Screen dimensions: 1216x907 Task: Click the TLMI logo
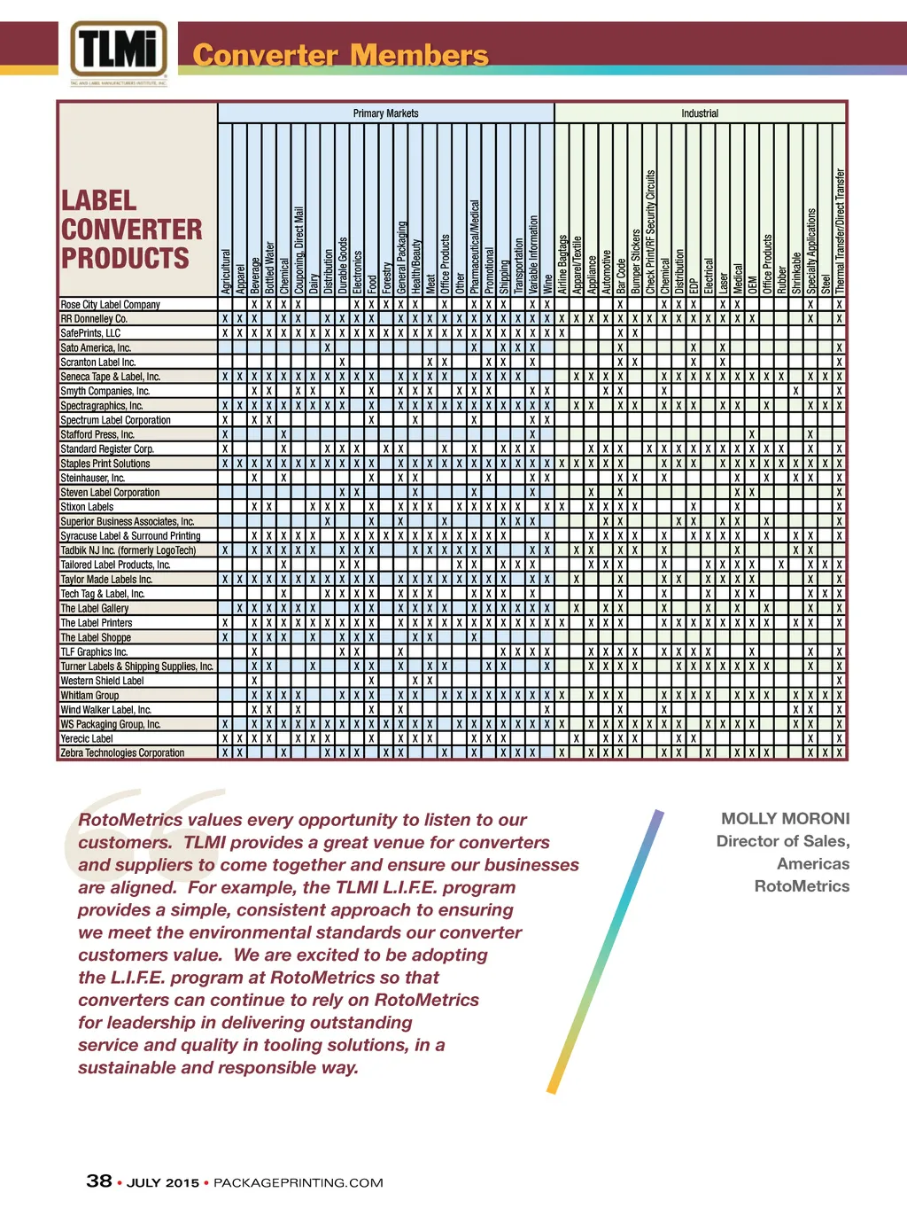(x=119, y=51)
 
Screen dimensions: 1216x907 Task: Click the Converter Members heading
(x=340, y=55)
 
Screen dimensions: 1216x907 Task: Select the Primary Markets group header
(x=385, y=113)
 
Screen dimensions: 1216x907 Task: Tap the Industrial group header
(x=700, y=113)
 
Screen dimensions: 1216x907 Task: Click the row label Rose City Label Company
(x=111, y=304)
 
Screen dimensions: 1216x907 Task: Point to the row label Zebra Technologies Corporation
(x=122, y=752)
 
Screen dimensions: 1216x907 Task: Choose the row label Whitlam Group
(x=89, y=695)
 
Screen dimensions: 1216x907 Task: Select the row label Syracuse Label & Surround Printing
(x=130, y=535)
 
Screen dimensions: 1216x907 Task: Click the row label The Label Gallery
(x=95, y=608)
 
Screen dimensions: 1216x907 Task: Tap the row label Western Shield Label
(x=102, y=681)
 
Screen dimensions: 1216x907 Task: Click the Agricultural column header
(x=226, y=271)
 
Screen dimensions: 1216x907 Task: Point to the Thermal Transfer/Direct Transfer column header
(x=840, y=230)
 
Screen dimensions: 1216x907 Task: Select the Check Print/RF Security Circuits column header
(x=651, y=232)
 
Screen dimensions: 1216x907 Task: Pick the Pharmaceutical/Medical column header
(x=475, y=246)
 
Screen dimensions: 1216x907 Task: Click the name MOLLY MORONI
(x=785, y=818)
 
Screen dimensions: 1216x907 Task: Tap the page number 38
(x=99, y=1181)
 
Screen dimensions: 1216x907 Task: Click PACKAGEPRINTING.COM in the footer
(x=298, y=1182)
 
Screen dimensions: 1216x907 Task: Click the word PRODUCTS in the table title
(x=125, y=259)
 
